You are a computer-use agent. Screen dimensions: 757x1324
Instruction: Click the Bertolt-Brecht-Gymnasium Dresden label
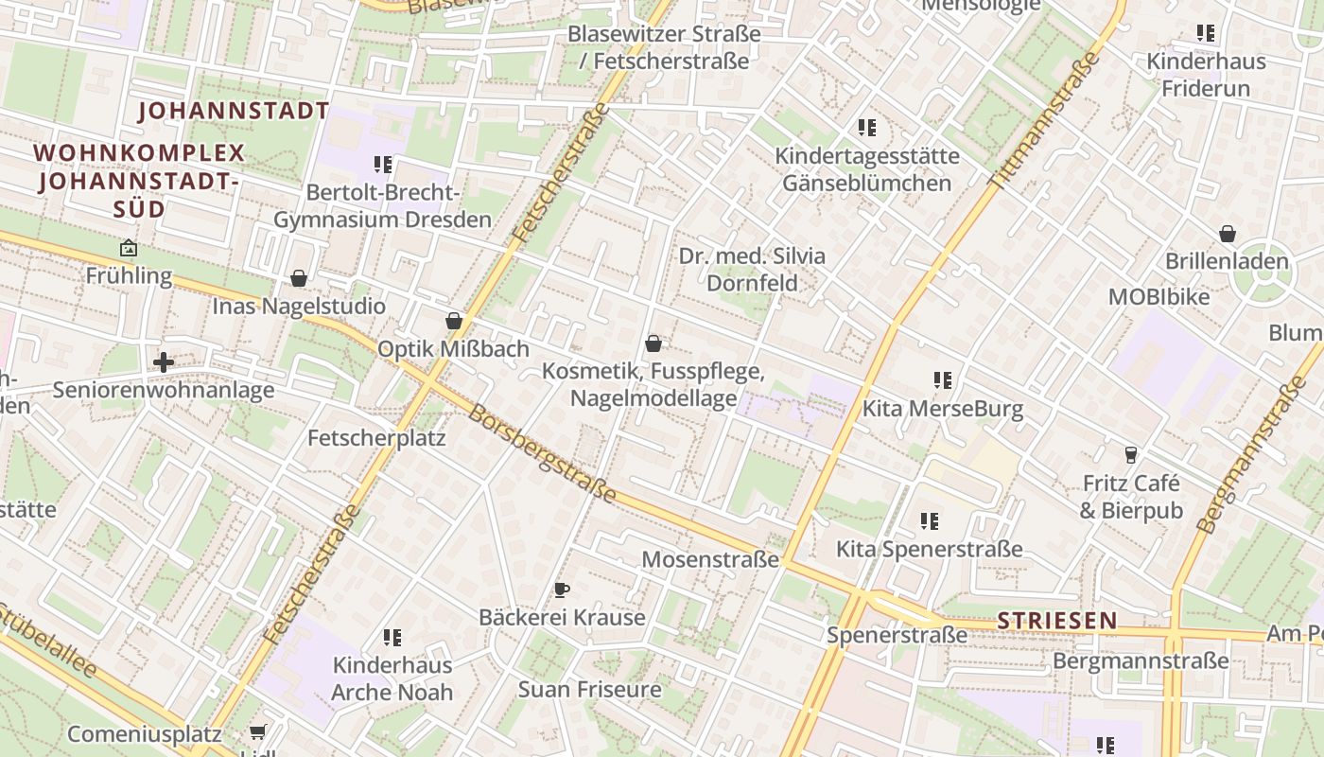click(382, 206)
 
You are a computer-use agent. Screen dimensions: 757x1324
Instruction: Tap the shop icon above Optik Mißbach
click(454, 322)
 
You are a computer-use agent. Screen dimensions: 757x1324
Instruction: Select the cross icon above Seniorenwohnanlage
click(164, 361)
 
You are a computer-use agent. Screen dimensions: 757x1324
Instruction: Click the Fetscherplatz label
click(376, 438)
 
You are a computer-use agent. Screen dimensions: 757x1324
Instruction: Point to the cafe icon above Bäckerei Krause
click(562, 590)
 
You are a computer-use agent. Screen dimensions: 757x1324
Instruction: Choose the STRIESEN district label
click(1057, 621)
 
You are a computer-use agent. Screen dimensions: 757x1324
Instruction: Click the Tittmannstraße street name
click(1044, 119)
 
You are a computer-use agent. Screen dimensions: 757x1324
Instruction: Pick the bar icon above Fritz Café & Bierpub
click(1130, 455)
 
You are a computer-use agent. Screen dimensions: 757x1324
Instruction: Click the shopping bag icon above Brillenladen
click(1227, 234)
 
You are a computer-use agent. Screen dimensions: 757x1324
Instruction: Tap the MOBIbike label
click(1158, 296)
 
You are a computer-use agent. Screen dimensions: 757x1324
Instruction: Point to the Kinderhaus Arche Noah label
click(392, 678)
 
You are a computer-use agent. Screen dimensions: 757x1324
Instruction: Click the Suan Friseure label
click(589, 689)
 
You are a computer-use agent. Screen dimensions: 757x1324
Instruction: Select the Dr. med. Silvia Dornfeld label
click(752, 270)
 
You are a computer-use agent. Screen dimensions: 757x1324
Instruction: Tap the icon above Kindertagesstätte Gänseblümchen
click(866, 128)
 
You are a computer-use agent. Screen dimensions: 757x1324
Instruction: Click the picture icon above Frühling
click(129, 249)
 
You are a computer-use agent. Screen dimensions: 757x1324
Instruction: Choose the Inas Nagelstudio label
click(299, 306)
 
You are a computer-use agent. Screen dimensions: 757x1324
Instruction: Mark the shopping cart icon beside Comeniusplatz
click(257, 732)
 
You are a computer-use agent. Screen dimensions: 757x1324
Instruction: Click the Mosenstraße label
click(709, 559)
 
